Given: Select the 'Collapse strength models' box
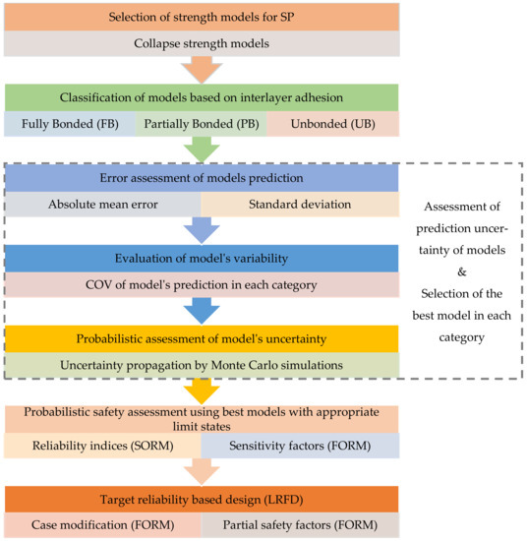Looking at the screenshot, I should point(203,44).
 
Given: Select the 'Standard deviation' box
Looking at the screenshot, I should point(300,204).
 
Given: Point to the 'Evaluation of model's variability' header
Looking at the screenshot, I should point(203,259).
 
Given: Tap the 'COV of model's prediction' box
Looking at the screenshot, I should point(203,286).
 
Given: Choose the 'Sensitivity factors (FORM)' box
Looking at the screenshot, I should point(300,448).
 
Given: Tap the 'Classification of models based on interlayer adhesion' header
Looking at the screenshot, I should point(203,98).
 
